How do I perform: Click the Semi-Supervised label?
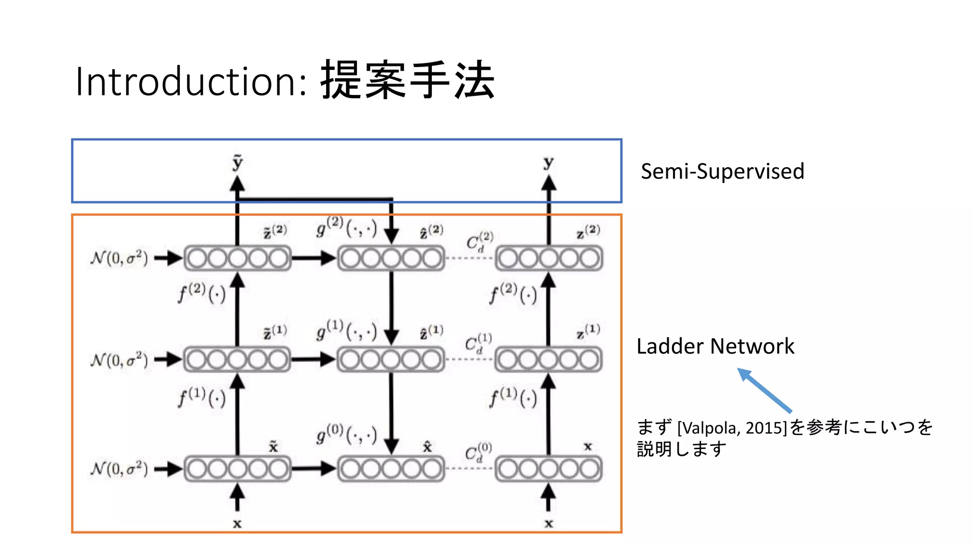[722, 171]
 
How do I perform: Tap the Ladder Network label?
[715, 346]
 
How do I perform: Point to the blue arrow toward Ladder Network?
[765, 390]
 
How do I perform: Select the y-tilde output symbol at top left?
[237, 162]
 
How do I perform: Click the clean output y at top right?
[548, 162]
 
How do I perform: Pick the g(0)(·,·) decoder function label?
[346, 434]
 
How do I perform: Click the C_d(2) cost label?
[479, 242]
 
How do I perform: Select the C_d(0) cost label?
[478, 452]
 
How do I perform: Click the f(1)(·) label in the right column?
[513, 398]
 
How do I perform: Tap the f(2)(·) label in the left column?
[202, 293]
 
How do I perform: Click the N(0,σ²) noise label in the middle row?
[119, 360]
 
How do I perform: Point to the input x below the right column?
[549, 524]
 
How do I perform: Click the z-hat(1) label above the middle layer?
[431, 332]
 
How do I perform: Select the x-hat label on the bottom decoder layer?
[427, 447]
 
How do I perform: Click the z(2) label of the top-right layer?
[588, 232]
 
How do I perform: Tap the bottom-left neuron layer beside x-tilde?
[237, 469]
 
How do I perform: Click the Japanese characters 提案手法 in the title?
[408, 81]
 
